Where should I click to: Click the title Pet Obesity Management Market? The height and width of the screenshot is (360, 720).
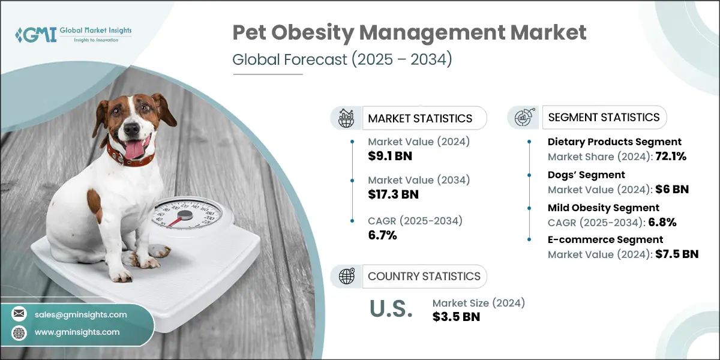pos(410,34)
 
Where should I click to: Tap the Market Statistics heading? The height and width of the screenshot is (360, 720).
pos(419,118)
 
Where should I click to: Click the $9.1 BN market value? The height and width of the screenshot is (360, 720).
pos(390,157)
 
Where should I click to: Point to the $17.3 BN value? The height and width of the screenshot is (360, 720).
pos(393,194)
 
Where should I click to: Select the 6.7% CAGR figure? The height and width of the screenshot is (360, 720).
pos(382,235)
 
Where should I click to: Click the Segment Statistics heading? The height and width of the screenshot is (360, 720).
pos(604,117)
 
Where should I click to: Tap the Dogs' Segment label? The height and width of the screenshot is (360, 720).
pos(586,175)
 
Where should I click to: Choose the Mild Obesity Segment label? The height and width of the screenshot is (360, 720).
pos(603,208)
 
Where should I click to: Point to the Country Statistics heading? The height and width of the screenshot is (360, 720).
pos(424,276)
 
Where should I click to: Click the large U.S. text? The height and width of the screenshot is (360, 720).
pos(391,310)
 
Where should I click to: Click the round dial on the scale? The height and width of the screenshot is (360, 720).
pos(185,215)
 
